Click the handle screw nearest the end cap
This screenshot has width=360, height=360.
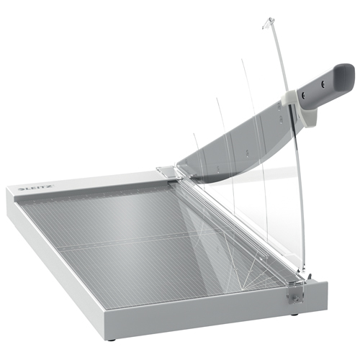pyautogui.click(x=323, y=84)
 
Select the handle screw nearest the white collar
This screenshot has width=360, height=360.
pyautogui.click(x=304, y=95)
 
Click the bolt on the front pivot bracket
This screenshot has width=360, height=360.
pyautogui.click(x=296, y=299)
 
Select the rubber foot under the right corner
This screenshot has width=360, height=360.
pyautogui.click(x=295, y=314)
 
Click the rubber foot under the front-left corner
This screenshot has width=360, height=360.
pyautogui.click(x=112, y=340)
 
